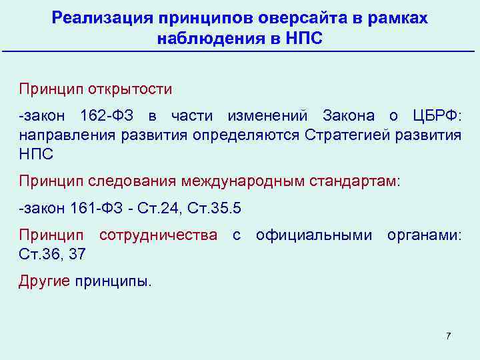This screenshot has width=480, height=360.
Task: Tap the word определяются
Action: [247, 135]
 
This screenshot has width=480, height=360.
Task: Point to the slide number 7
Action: [449, 335]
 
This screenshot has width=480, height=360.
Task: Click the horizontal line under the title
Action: [240, 52]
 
